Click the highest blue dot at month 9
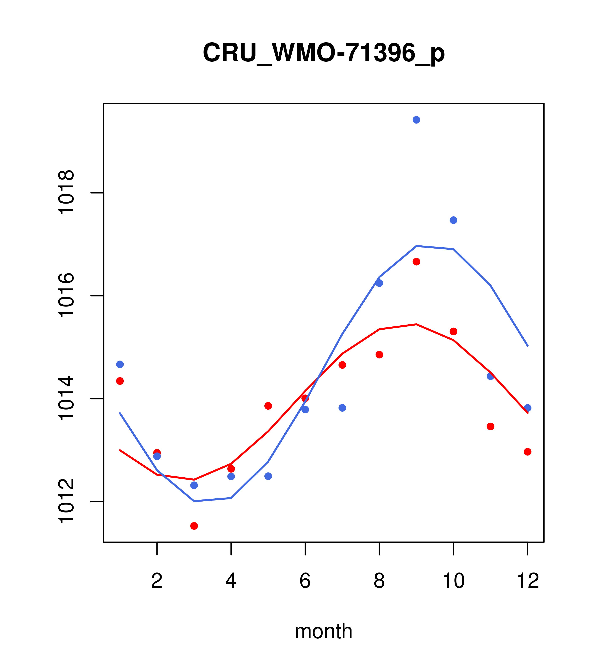click(416, 120)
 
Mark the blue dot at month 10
click(453, 220)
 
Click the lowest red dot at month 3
click(194, 526)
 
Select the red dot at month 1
click(120, 381)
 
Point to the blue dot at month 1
click(120, 364)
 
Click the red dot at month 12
click(528, 452)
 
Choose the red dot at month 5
click(268, 406)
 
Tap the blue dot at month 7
click(342, 408)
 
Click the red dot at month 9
click(416, 262)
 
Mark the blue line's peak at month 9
click(416, 246)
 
